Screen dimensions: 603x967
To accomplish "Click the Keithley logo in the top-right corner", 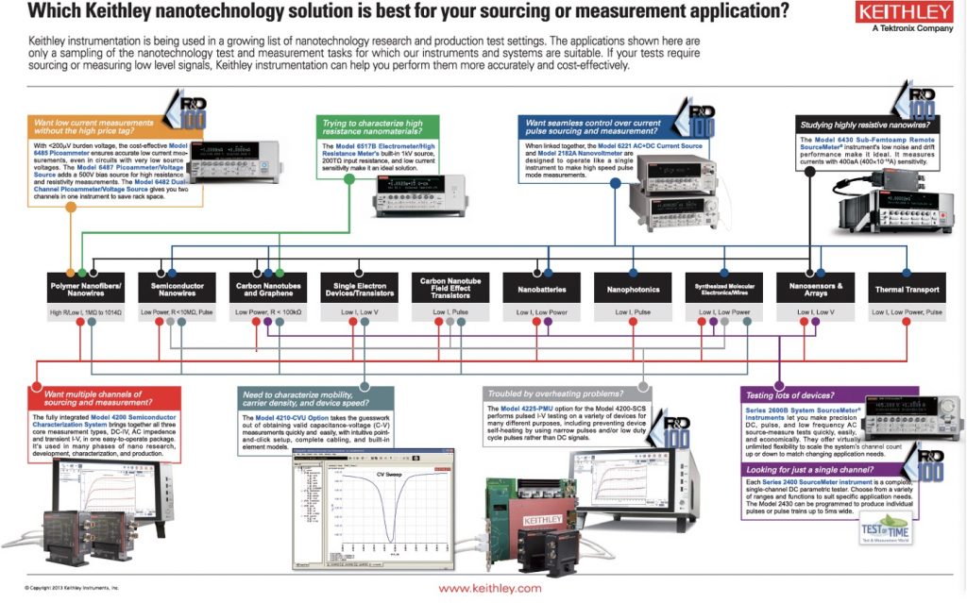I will coord(904,14).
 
